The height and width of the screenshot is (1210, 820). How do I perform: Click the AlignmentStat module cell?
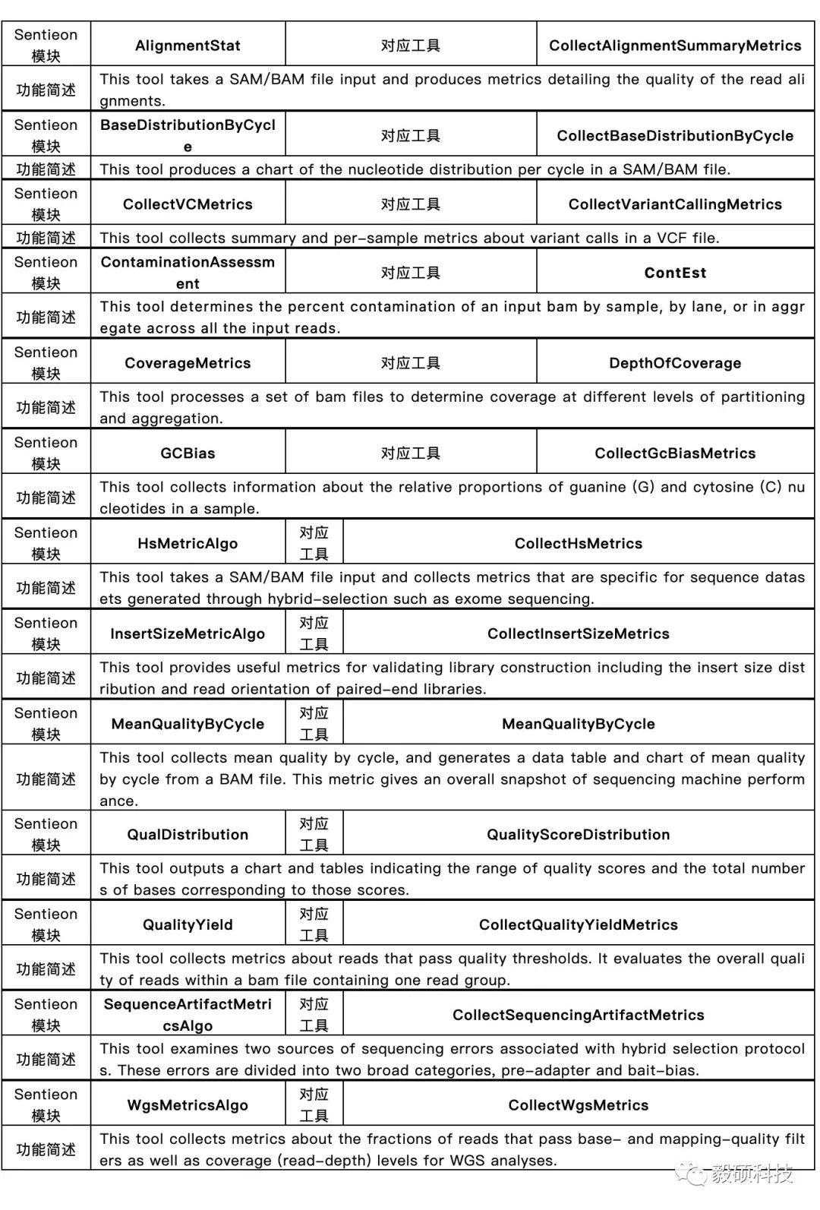(188, 46)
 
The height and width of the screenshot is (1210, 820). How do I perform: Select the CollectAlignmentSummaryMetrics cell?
(675, 46)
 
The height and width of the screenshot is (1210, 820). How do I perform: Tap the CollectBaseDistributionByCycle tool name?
(675, 136)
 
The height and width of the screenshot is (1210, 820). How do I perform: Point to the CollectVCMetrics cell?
(188, 204)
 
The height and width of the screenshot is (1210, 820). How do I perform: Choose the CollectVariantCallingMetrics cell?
(675, 204)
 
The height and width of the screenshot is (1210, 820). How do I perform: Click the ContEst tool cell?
(675, 273)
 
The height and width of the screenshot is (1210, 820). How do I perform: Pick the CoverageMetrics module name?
(188, 363)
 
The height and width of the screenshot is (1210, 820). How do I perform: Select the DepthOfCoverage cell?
(675, 363)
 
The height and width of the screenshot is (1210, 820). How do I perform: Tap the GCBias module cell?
(188, 453)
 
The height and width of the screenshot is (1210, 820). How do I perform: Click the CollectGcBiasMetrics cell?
(675, 453)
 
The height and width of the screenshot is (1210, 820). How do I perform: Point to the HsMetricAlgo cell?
(188, 544)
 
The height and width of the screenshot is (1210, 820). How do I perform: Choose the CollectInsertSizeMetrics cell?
(579, 633)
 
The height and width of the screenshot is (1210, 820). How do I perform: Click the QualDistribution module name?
(188, 835)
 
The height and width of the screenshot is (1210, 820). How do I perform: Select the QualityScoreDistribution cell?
(579, 835)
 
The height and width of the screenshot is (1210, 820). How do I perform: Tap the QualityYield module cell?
(188, 925)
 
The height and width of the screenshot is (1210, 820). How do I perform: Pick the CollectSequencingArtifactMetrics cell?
(579, 1016)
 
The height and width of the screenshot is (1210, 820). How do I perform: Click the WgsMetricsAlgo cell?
(188, 1105)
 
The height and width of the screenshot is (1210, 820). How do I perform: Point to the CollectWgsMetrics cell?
(579, 1105)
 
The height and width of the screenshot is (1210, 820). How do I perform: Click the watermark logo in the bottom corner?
(692, 1174)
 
